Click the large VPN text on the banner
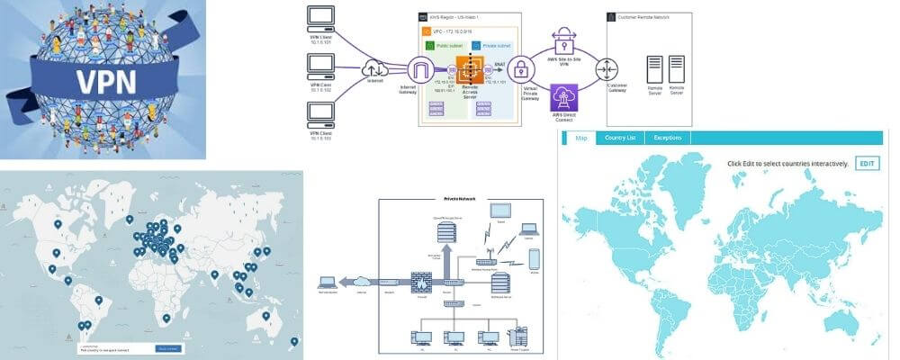(106, 82)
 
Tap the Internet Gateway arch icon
(420, 70)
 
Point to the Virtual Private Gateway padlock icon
(520, 70)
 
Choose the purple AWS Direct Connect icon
(564, 98)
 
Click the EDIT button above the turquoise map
(867, 164)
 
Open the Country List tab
(620, 138)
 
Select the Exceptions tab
(667, 138)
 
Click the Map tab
(580, 138)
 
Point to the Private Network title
(461, 198)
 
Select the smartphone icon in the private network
(535, 259)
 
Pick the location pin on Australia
(266, 315)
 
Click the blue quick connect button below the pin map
(169, 347)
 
